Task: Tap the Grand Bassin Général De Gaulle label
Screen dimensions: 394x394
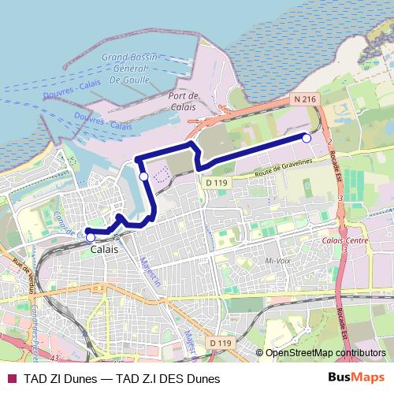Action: (x=130, y=69)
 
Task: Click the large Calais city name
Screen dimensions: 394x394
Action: (x=105, y=249)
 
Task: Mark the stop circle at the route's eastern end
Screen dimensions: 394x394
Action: (x=307, y=138)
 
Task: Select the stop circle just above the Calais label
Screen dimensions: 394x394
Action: (x=91, y=237)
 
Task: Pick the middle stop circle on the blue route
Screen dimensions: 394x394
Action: (x=143, y=177)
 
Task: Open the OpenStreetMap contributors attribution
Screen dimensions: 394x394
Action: (x=326, y=353)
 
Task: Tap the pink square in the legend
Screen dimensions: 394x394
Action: (x=11, y=377)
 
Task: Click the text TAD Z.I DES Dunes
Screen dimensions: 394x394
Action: (x=169, y=377)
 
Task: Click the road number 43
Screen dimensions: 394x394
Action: (x=53, y=291)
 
